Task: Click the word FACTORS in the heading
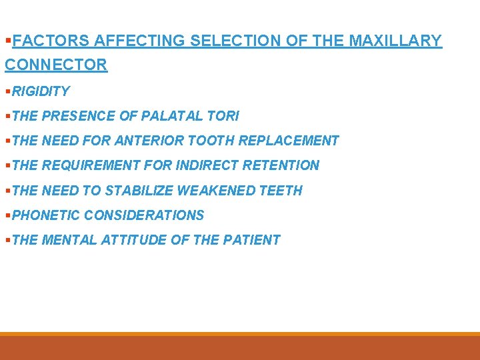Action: coord(51,41)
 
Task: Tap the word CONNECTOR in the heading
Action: coord(56,65)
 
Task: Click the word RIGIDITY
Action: coord(41,91)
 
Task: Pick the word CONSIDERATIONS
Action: coord(144,215)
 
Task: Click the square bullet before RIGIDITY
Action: coord(8,91)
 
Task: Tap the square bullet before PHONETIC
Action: coord(8,216)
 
